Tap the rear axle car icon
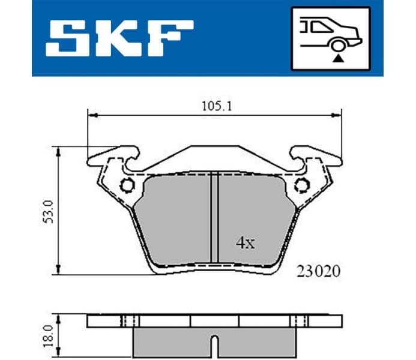(330, 37)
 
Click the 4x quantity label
(245, 243)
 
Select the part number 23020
(318, 271)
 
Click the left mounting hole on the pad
(127, 186)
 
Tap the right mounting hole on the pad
(300, 186)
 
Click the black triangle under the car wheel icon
(340, 58)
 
